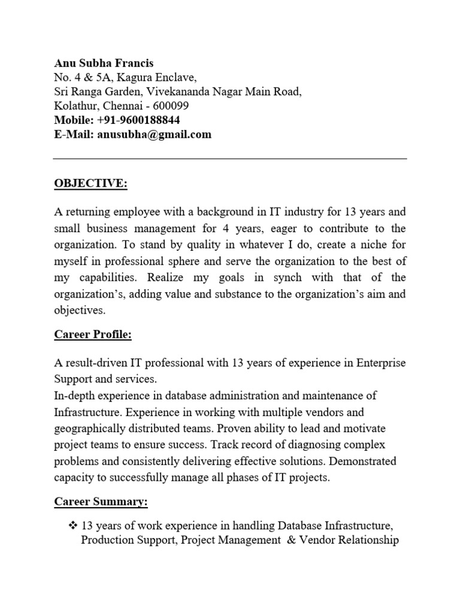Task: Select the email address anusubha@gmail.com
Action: pos(153,135)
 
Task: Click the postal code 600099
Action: pos(171,106)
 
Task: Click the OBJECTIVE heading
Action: pos(90,183)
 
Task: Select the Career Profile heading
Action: pos(93,335)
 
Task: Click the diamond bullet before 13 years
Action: pos(73,526)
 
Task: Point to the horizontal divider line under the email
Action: pos(230,159)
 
